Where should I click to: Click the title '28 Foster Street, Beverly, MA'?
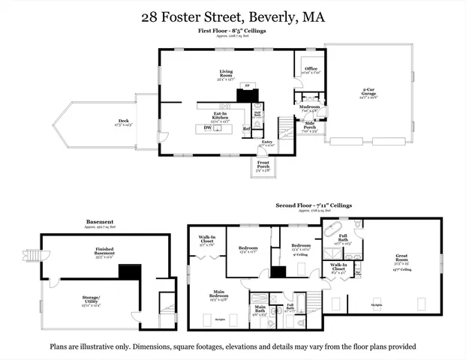(x=233, y=16)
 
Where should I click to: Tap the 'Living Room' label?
(x=222, y=74)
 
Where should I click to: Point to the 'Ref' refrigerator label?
(x=245, y=128)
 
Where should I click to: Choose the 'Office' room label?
(x=311, y=68)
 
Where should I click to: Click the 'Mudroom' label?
(x=309, y=106)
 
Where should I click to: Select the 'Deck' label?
(x=124, y=122)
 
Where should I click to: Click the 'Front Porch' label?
(x=263, y=163)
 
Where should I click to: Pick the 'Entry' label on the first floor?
(x=266, y=141)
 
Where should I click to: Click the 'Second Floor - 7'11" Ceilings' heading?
(x=314, y=204)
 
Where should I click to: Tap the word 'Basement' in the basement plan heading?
(x=100, y=222)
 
